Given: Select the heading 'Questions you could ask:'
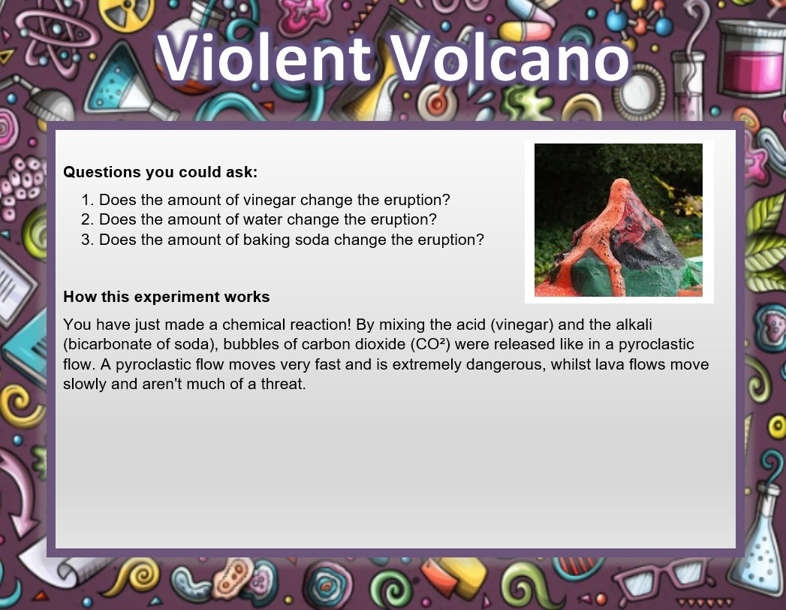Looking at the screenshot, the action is (161, 172).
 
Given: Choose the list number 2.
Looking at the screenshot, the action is (87, 219).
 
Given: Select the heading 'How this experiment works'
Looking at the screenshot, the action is (167, 297).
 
